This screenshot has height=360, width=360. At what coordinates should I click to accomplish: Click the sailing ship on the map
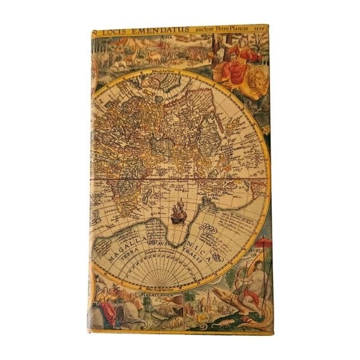178,213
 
